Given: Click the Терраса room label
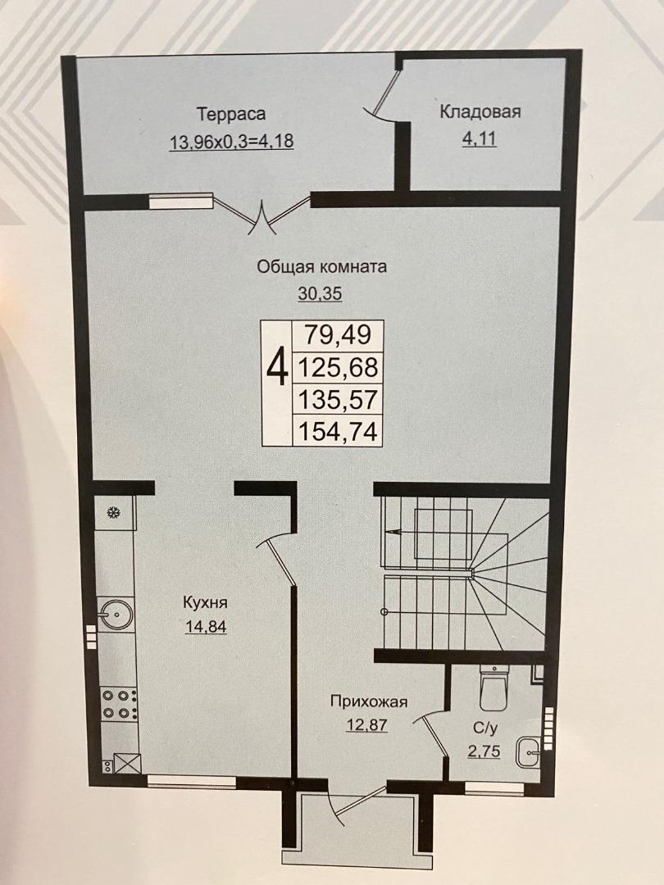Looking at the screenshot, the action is point(231,115).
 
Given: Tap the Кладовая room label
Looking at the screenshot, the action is point(480,111).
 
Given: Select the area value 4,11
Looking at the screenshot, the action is point(480,138).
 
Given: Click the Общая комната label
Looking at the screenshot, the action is point(322,266).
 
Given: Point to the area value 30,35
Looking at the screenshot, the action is point(321,293).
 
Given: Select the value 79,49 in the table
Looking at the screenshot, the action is point(338,334).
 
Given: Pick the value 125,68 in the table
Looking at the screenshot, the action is point(338,367).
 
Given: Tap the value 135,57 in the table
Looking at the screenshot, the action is point(338,400).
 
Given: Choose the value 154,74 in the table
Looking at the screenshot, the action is point(338,432).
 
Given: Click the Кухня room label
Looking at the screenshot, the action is point(205,603).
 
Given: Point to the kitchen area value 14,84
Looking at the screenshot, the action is point(206,627).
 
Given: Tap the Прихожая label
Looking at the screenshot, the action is point(369,702).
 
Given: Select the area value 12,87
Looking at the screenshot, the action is point(367,724).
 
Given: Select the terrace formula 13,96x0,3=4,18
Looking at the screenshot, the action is point(231,141).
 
